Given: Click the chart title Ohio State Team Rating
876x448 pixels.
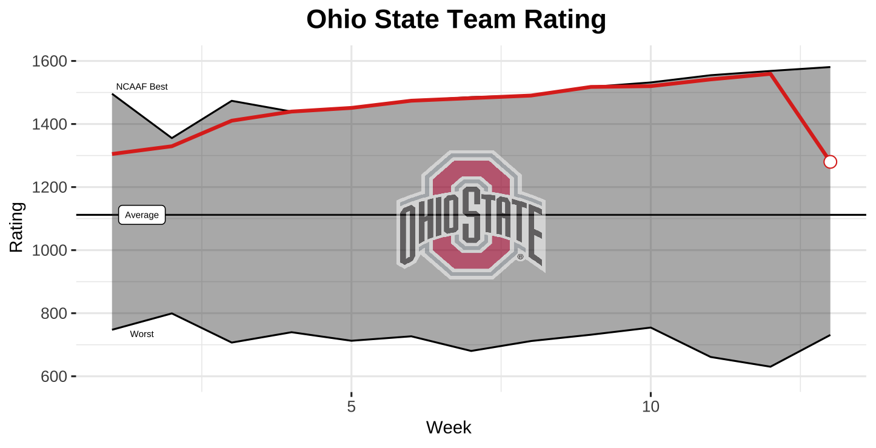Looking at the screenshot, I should pos(456,19).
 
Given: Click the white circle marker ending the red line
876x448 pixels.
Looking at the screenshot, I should pos(830,162).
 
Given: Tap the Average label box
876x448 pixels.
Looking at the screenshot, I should pos(142,215).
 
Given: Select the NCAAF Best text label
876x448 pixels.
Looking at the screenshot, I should pos(142,87).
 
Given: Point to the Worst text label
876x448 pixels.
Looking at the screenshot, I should pos(142,334).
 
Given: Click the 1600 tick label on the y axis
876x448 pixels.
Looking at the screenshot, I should pos(51,61).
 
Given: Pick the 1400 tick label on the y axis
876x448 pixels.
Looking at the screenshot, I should pos(51,124).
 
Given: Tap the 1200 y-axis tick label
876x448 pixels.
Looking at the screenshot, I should pos(51,187).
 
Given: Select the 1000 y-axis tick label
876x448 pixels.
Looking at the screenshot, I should pos(51,250).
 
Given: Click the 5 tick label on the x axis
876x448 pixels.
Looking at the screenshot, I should pos(352,406).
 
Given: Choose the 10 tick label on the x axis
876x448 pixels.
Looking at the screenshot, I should pos(650,406).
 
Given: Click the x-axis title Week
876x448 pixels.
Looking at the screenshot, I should pos(449,427).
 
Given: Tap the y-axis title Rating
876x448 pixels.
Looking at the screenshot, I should pos(16,227).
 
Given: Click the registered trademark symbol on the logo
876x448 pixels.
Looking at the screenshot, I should pos(520,257).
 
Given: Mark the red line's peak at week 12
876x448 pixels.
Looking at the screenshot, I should pos(770,73).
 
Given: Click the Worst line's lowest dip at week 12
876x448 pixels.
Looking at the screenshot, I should pos(770,367).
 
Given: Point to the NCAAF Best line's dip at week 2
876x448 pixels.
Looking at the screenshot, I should pos(172,138).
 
